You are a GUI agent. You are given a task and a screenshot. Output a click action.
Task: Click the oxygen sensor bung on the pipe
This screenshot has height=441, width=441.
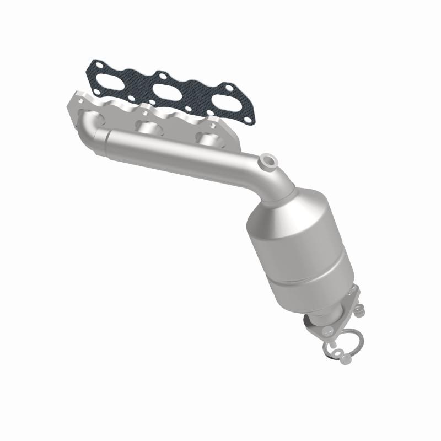pos(270,162)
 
